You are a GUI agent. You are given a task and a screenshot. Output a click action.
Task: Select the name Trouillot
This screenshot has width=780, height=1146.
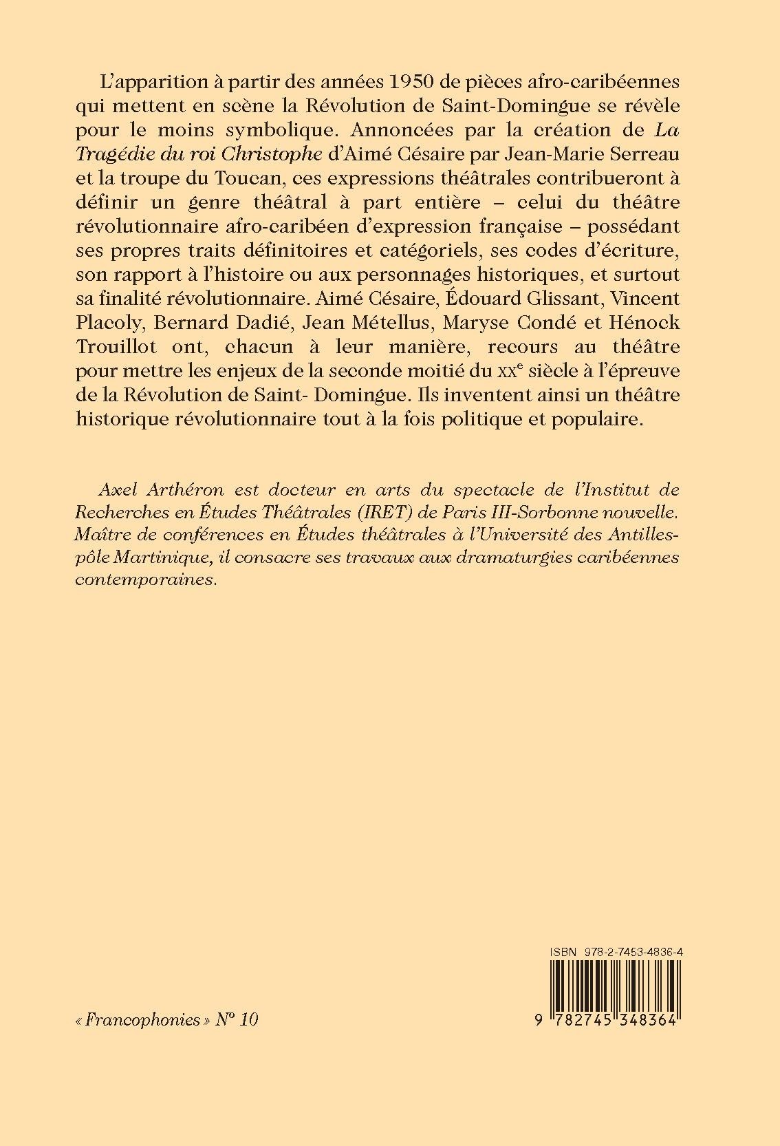[x=114, y=346]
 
